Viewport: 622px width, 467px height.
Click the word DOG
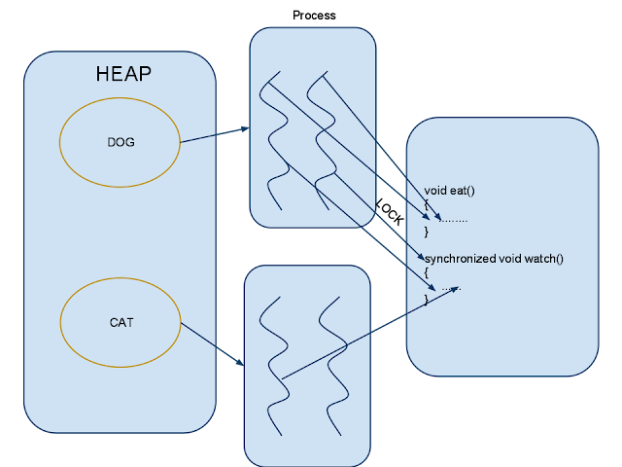(120, 142)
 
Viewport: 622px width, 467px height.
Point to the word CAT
(121, 322)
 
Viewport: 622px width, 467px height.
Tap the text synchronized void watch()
(494, 258)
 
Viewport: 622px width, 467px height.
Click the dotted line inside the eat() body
(454, 220)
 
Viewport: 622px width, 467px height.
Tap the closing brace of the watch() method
(426, 301)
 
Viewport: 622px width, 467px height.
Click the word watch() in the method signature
(543, 258)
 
